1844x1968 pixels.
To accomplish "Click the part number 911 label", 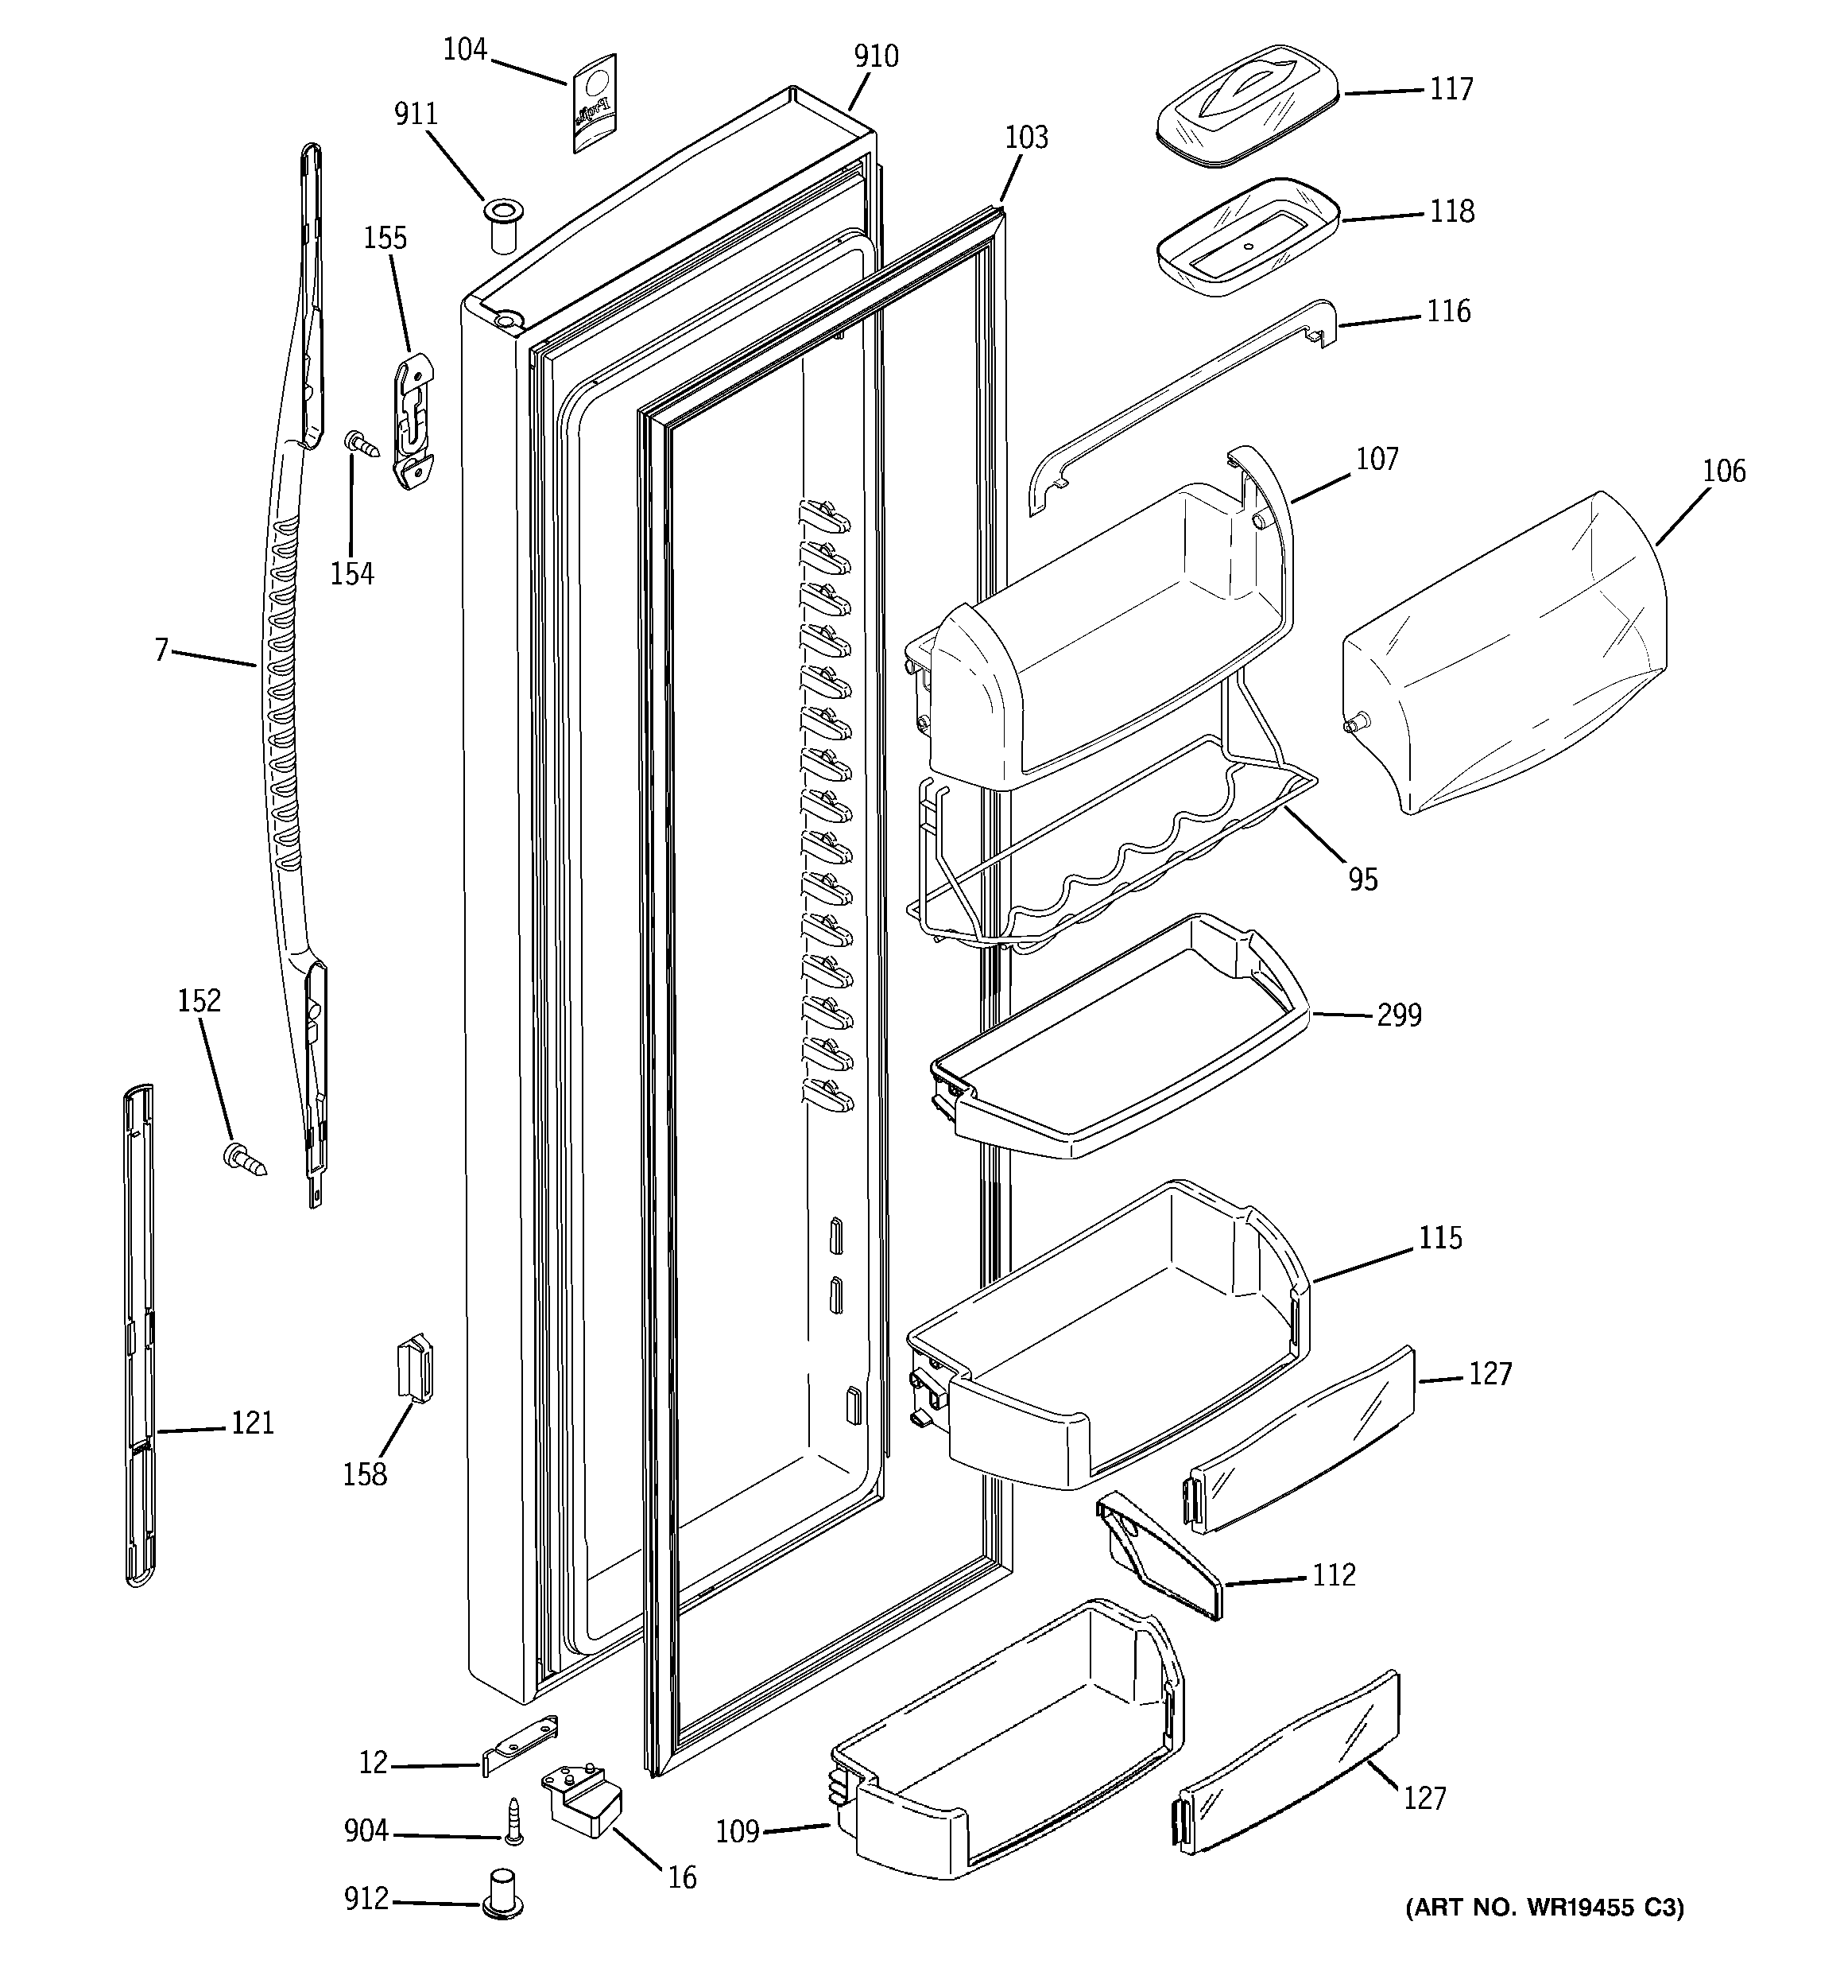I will click(416, 115).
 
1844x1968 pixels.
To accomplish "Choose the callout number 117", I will click(1451, 89).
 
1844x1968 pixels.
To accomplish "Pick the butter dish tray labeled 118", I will click(1247, 237).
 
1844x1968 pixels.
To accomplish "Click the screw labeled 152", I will click(246, 1159).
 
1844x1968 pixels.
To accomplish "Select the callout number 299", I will click(1399, 1015).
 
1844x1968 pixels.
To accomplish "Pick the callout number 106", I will click(1723, 472).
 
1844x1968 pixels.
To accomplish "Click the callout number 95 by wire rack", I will click(1362, 879).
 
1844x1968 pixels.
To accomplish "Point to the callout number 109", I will click(738, 1832).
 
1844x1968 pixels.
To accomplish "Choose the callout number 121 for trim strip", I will click(253, 1423).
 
